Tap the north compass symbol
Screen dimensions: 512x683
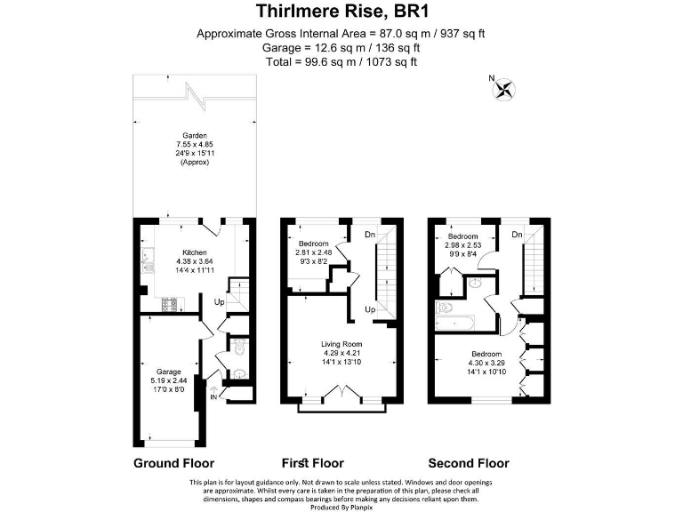pos(506,88)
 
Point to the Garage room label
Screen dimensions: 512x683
pos(169,372)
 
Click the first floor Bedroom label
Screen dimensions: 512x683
pos(313,244)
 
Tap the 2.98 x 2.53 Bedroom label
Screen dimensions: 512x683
pos(462,236)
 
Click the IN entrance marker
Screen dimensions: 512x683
pos(214,396)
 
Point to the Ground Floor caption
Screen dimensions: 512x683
pos(173,463)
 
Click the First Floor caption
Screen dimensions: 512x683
pos(312,463)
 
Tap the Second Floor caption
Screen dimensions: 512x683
pos(469,463)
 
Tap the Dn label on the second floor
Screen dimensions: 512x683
pos(517,235)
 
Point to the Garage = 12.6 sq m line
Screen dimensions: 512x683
pos(341,48)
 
